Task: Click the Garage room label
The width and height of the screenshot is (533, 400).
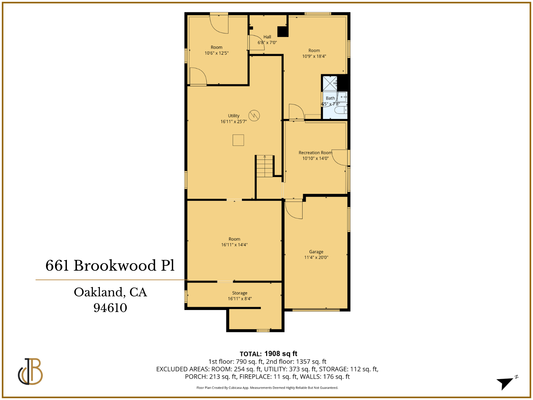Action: point(316,252)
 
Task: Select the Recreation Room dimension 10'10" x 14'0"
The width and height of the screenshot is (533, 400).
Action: point(315,158)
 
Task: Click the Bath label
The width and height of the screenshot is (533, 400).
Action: point(330,98)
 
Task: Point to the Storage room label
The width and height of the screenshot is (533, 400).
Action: point(240,293)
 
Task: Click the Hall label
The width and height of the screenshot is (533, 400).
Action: point(267,37)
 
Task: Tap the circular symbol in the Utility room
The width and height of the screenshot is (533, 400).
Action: point(254,115)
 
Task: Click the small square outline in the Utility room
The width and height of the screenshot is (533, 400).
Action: point(238,140)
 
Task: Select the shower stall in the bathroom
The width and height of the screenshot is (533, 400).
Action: point(330,83)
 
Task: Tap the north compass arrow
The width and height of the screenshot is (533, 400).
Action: point(506,383)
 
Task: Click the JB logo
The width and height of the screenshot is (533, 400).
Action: point(30,371)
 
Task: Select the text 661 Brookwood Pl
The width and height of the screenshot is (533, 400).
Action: point(110,266)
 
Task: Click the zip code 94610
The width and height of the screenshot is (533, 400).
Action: point(110,308)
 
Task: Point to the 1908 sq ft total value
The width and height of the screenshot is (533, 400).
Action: point(280,354)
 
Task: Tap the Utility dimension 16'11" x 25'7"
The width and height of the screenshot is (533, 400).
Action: point(234,122)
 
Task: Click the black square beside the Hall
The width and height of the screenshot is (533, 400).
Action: point(283,32)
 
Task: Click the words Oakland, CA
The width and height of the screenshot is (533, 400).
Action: point(110,292)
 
